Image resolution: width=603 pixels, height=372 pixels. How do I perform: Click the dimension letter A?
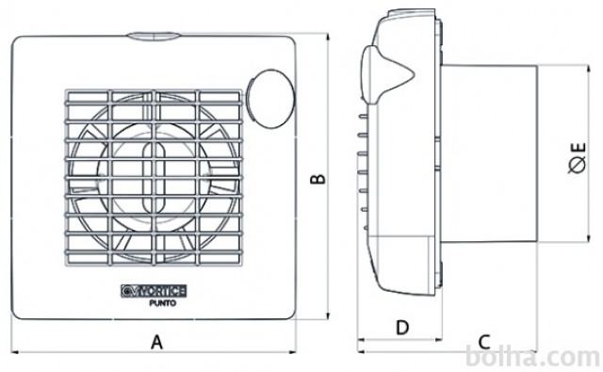point(156,342)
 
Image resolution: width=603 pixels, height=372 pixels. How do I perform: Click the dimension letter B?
point(318,179)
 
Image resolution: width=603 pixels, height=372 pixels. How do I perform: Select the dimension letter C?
point(484,341)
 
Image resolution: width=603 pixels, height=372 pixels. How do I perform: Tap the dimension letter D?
point(402,328)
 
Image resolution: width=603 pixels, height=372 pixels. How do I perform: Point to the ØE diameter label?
point(578,158)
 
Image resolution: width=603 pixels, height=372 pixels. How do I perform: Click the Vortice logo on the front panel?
point(154,291)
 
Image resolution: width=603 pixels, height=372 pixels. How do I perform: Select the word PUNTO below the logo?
point(163,303)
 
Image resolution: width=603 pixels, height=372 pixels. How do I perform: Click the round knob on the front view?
point(270,98)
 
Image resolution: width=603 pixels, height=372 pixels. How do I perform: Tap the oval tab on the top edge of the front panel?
point(154,36)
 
